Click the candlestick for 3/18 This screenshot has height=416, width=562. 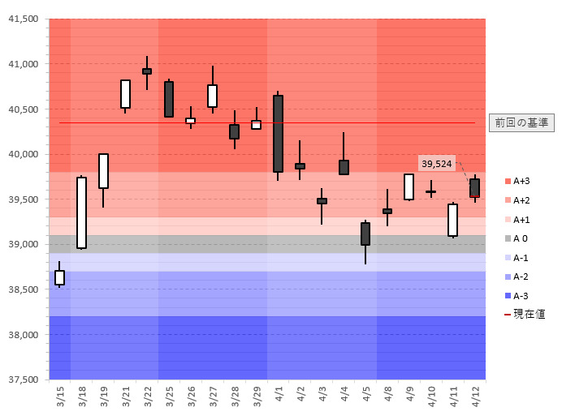pyautogui.click(x=81, y=212)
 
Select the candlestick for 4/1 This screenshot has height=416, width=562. pyautogui.click(x=278, y=134)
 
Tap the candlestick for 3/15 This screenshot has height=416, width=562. pyautogui.click(x=59, y=277)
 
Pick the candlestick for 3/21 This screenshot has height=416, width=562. pyautogui.click(x=125, y=94)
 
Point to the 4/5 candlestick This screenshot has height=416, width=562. pyautogui.click(x=365, y=234)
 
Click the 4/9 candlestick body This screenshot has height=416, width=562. pyautogui.click(x=409, y=187)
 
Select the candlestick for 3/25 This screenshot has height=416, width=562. pyautogui.click(x=169, y=99)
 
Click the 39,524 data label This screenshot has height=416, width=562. pyautogui.click(x=437, y=164)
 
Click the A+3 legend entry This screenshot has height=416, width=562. pyautogui.click(x=521, y=181)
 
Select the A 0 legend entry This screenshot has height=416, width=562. pyautogui.click(x=521, y=238)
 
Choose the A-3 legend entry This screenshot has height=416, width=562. pyautogui.click(x=521, y=296)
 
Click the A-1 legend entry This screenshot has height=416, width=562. pyautogui.click(x=521, y=258)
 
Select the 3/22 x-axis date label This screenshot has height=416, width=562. pyautogui.click(x=148, y=397)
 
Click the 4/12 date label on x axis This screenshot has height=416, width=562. pyautogui.click(x=475, y=397)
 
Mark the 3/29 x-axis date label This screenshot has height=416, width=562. pyautogui.click(x=257, y=397)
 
